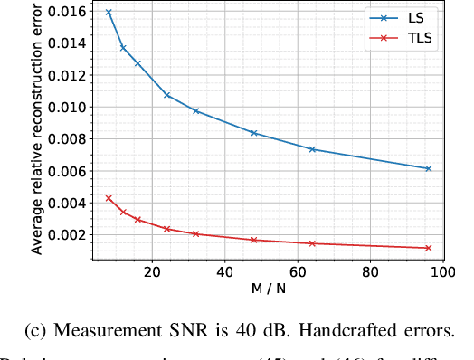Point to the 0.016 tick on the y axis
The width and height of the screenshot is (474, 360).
point(69,12)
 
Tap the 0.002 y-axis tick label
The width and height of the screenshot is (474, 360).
point(69,234)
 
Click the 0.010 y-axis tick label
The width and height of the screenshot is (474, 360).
point(69,107)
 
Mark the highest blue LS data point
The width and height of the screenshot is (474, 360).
point(109,13)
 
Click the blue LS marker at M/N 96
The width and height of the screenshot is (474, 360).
point(428,168)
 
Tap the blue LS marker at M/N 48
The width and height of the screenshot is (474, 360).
point(254,133)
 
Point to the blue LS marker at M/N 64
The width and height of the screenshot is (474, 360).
point(312,149)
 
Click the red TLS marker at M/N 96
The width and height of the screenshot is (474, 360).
point(428,248)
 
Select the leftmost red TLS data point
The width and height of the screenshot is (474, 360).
point(109,198)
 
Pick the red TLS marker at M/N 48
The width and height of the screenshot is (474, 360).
point(254,240)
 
